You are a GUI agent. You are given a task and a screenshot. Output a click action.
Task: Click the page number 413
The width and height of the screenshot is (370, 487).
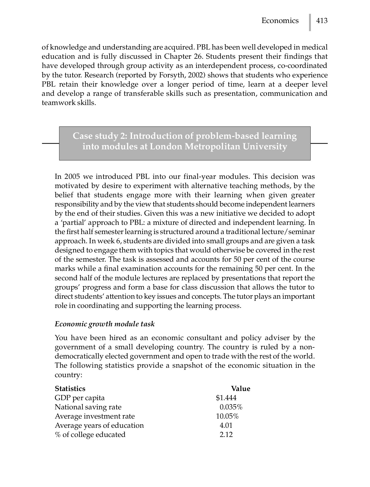(x=322, y=21)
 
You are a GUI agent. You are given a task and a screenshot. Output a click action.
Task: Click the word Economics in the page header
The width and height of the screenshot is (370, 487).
(x=280, y=21)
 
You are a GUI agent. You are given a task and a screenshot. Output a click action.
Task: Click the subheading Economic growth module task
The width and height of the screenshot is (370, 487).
(x=105, y=324)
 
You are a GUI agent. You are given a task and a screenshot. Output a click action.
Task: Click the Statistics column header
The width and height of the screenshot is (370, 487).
(x=70, y=389)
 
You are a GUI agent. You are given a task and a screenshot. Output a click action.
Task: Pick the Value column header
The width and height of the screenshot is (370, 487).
(x=240, y=389)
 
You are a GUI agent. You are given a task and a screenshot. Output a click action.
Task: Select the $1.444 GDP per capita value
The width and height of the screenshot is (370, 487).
(x=226, y=398)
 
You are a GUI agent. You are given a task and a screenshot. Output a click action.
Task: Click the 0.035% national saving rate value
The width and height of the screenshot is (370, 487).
(x=231, y=407)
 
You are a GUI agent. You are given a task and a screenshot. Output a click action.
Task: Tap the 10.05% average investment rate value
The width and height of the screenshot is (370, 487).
(x=227, y=416)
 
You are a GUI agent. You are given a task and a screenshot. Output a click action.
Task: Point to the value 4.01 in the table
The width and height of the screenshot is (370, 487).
(x=226, y=425)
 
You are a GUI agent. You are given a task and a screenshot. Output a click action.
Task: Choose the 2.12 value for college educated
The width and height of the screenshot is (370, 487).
(x=226, y=435)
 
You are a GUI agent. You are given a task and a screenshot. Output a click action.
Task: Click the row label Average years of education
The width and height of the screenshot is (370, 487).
(x=99, y=425)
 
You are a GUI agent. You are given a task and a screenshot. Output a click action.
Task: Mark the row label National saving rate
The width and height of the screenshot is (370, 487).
(x=88, y=407)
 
